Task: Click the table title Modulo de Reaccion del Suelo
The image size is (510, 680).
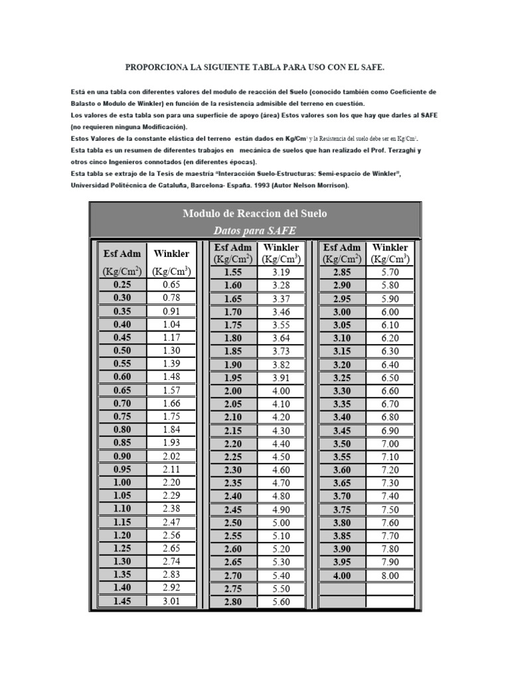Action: (x=254, y=213)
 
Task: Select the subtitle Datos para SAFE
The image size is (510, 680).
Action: (x=254, y=230)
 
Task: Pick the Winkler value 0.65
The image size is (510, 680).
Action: (x=171, y=284)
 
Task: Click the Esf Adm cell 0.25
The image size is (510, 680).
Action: (x=122, y=284)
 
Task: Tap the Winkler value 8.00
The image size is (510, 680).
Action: (x=390, y=576)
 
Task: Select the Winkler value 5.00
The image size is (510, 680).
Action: (x=282, y=523)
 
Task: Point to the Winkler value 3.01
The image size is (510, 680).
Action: (x=171, y=602)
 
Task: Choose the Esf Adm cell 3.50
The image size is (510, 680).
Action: (x=342, y=444)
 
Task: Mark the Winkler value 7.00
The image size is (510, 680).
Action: (x=390, y=444)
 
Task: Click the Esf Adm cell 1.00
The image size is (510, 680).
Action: (x=122, y=483)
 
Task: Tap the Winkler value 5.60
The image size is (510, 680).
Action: (x=282, y=602)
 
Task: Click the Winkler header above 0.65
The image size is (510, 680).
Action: (x=171, y=253)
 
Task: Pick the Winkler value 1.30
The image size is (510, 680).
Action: (x=171, y=351)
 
